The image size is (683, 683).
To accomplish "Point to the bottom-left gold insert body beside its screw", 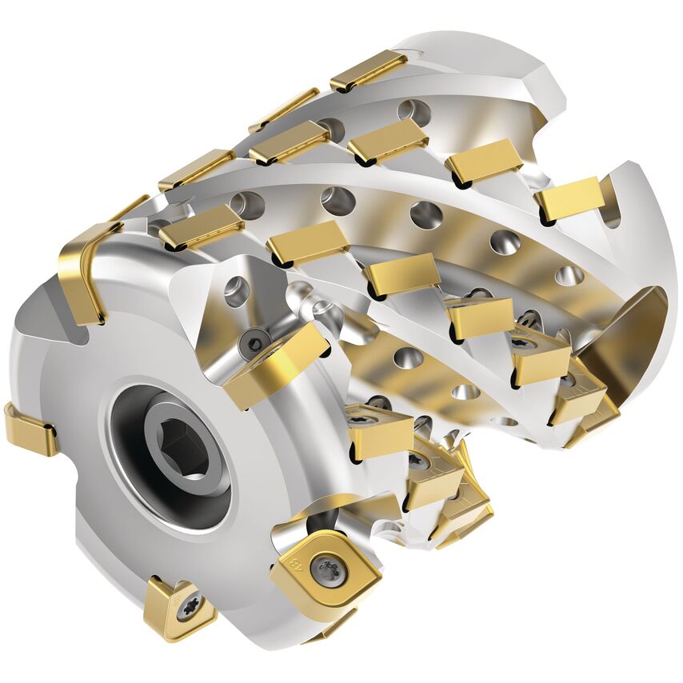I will pos(164,612).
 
